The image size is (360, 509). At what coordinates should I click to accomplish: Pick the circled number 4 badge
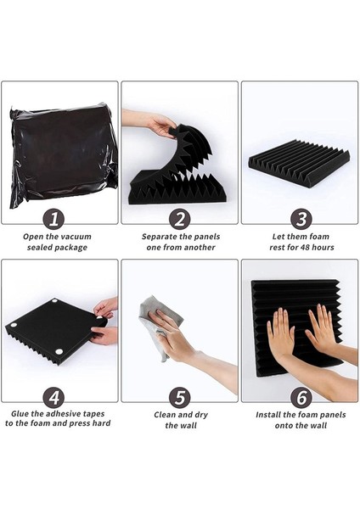[x=59, y=394]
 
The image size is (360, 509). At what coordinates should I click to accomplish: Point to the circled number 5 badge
[x=179, y=394]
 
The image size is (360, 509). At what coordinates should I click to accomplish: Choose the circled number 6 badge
[x=300, y=394]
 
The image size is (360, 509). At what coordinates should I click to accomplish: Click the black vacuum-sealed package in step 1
[x=62, y=153]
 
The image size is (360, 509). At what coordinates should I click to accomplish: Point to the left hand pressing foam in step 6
[x=281, y=333]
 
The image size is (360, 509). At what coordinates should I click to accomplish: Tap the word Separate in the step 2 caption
[x=156, y=236]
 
